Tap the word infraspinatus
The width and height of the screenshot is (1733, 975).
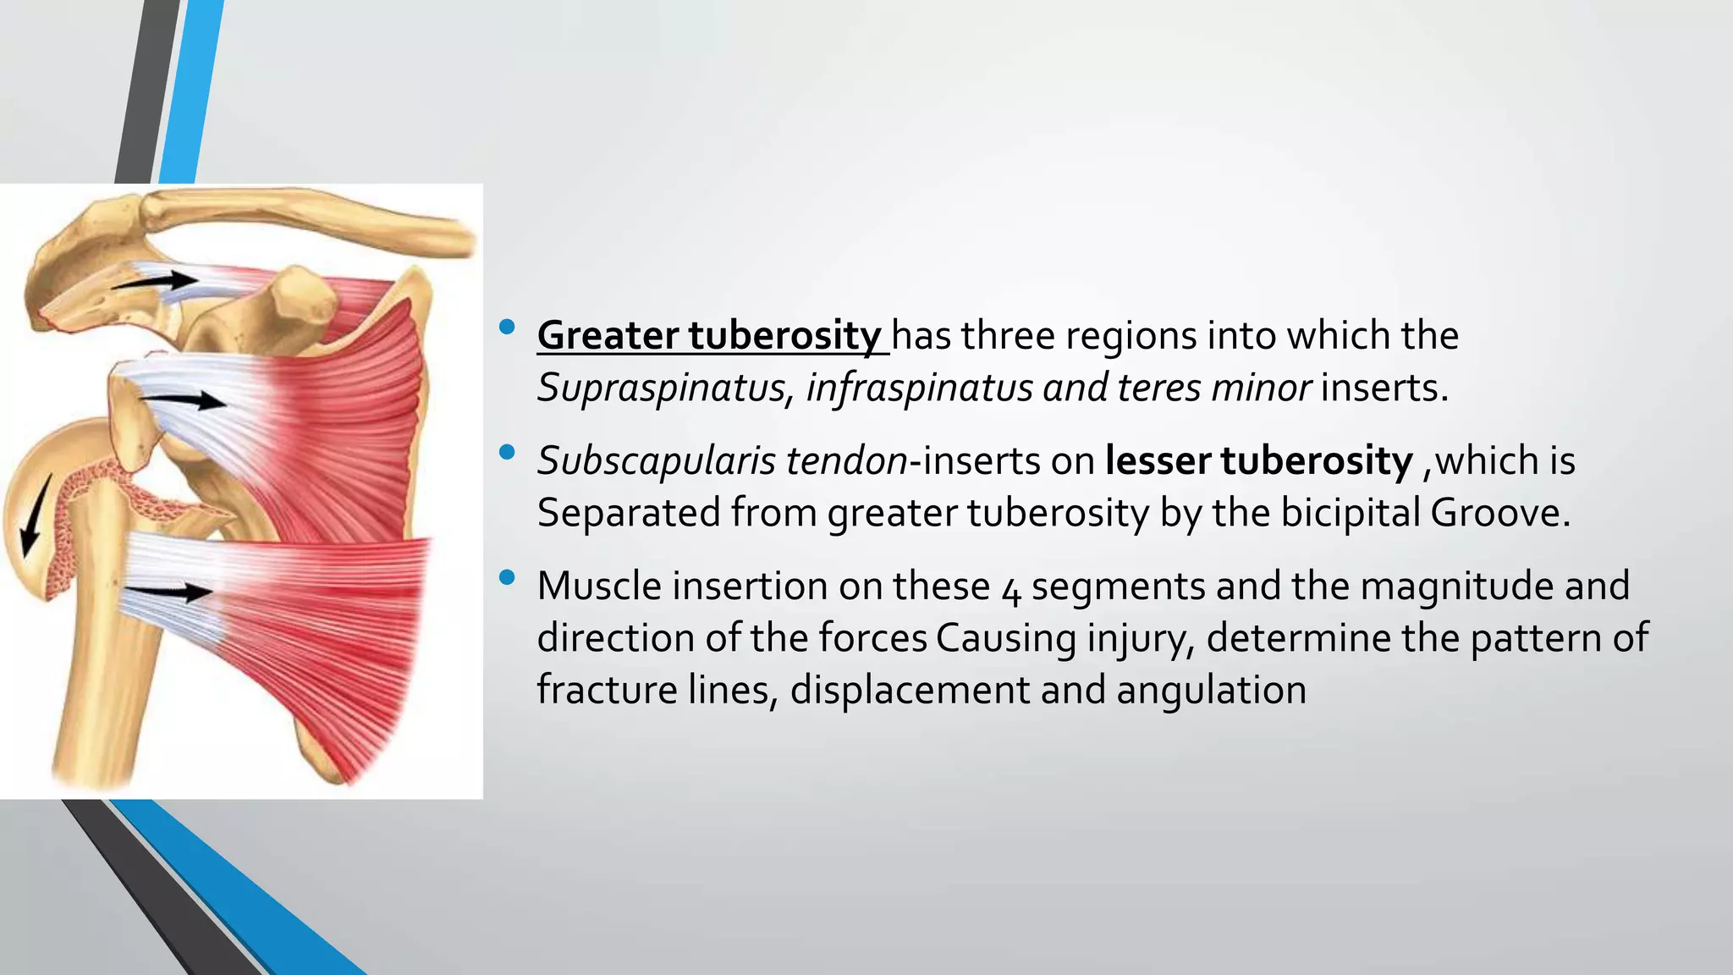(x=919, y=388)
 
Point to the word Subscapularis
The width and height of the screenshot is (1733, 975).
(x=656, y=461)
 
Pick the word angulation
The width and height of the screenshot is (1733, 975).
(x=1211, y=690)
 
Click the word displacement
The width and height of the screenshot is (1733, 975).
(x=910, y=690)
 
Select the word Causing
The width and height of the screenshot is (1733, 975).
(x=1006, y=638)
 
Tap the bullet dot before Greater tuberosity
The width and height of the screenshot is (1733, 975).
(x=507, y=328)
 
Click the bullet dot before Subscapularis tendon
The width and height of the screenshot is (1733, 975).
(x=507, y=453)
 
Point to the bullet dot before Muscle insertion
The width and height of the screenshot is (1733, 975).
(x=507, y=578)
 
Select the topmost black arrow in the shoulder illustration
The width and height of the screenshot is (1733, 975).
(x=157, y=282)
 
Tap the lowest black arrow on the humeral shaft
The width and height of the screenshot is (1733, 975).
(x=169, y=592)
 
